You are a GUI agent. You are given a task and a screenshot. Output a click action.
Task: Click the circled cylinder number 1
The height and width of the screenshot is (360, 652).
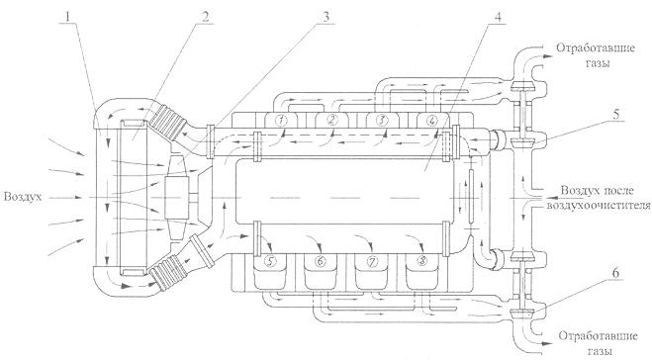tap(282, 121)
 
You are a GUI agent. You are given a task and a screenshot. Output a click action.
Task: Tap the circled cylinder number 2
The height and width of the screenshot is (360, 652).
tap(332, 121)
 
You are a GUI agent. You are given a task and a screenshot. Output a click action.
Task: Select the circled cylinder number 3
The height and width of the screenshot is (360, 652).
tap(382, 121)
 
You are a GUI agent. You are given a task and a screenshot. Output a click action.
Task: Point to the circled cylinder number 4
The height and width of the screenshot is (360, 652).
tap(432, 121)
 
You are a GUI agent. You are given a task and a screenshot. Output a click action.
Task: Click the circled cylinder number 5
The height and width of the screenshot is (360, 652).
tap(271, 261)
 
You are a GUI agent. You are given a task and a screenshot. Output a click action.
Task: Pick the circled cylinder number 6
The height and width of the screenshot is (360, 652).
tap(321, 261)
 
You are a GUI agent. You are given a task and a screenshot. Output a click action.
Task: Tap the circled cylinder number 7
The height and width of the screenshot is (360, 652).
tap(372, 261)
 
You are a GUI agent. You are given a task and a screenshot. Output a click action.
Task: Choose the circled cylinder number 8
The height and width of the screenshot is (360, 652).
tap(421, 261)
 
